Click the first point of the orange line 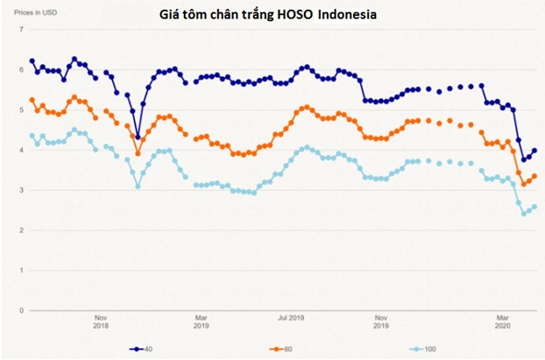pos(32,100)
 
